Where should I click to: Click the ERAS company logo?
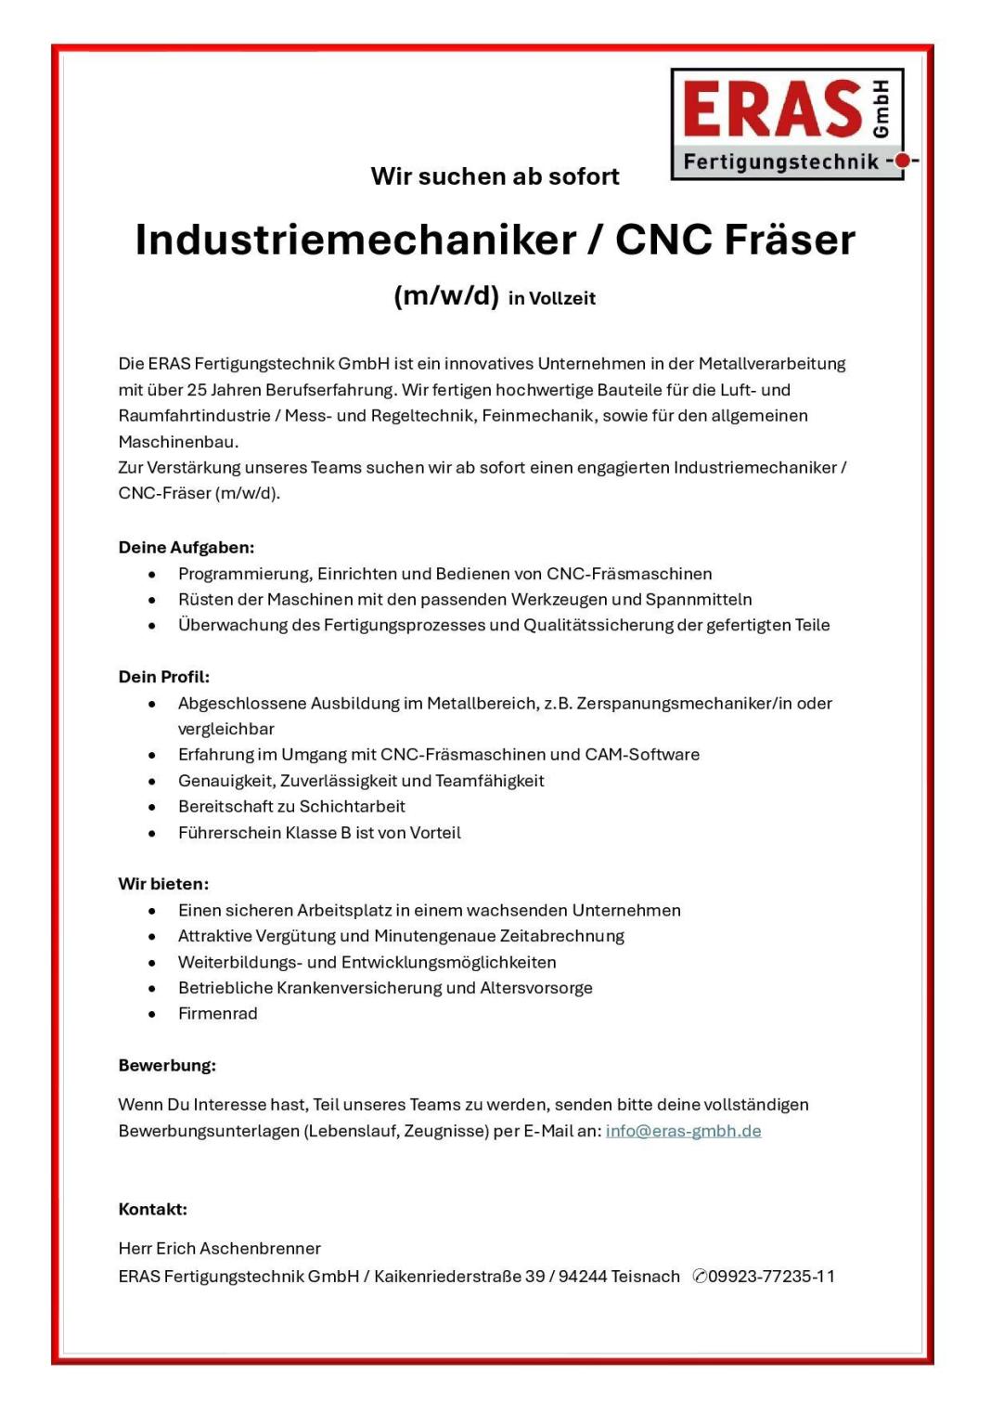(x=787, y=123)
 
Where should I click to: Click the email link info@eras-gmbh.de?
(x=683, y=1131)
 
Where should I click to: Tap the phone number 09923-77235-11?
(x=771, y=1277)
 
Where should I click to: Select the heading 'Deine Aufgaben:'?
(x=186, y=548)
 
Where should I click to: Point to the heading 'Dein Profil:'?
(x=163, y=677)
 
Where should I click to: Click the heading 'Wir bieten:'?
(x=163, y=884)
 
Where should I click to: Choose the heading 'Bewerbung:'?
(x=167, y=1066)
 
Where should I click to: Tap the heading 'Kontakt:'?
(x=152, y=1209)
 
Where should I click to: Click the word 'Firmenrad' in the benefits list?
(x=218, y=1014)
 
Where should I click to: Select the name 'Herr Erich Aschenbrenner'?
(x=219, y=1249)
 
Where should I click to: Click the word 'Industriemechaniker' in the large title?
(x=356, y=240)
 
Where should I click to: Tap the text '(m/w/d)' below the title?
(x=446, y=296)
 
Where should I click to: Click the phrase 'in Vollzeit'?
(x=552, y=299)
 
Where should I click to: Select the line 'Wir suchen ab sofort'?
(x=495, y=176)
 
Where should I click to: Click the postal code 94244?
(x=582, y=1277)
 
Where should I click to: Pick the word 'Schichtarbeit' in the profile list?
(x=352, y=807)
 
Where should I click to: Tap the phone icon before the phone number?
(x=700, y=1277)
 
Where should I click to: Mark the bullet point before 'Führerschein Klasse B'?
(x=152, y=834)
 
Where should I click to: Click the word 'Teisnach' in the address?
(x=645, y=1277)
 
